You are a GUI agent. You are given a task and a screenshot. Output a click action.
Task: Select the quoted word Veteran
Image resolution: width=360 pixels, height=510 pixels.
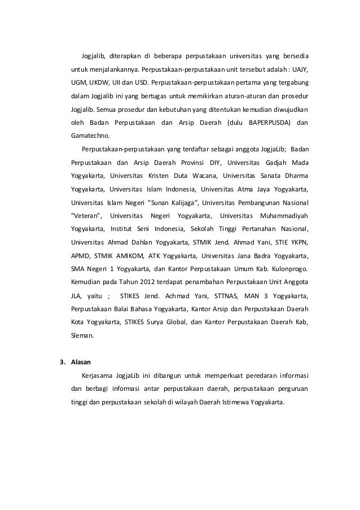point(86,215)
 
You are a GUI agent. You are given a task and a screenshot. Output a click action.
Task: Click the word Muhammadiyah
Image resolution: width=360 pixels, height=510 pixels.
point(284,215)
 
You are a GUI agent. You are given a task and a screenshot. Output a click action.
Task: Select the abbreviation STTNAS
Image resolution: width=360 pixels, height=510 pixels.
point(227,295)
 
